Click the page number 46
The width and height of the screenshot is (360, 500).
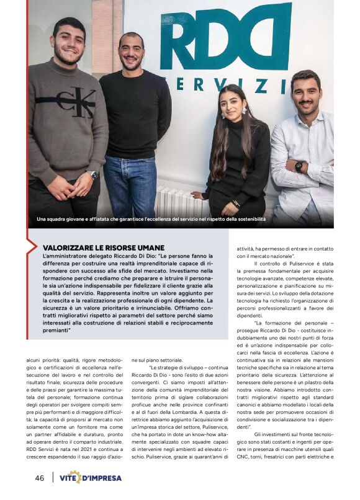click(x=38, y=478)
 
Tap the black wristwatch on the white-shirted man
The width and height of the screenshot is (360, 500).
click(x=299, y=166)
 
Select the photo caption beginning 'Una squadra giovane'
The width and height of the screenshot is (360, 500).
click(x=151, y=219)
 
